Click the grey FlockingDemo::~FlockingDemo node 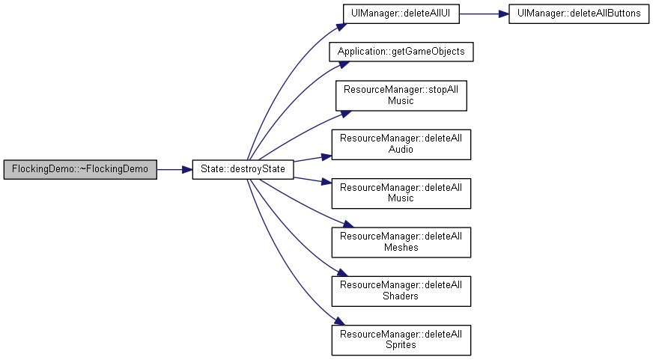80,169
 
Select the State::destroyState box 243,169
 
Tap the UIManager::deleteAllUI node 401,13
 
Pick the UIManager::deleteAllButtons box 579,13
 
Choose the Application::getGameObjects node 401,52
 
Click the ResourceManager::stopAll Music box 401,96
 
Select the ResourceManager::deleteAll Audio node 401,144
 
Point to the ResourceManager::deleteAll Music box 401,194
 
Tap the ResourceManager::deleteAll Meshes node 401,242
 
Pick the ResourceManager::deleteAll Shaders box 401,291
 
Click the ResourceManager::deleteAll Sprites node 401,340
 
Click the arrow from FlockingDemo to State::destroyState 174,170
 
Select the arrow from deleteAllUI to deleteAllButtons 484,13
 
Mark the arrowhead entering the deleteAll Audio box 326,157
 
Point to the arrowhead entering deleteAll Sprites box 339,321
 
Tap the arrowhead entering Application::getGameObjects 343,64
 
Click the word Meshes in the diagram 401,248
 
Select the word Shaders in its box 401,296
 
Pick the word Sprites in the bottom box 401,345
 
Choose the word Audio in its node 401,150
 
